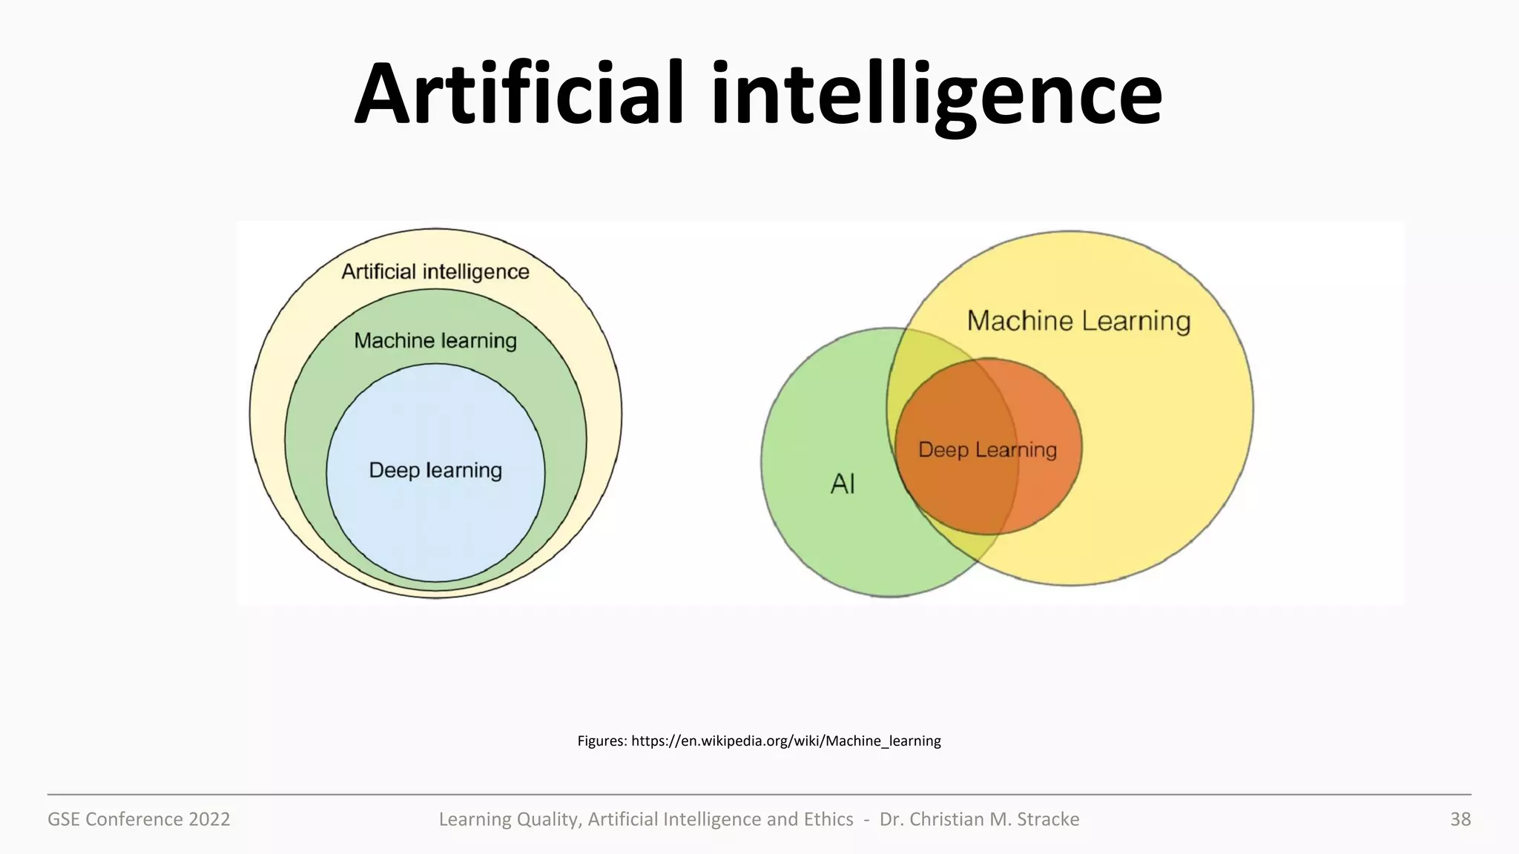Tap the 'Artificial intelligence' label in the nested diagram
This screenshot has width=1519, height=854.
point(435,272)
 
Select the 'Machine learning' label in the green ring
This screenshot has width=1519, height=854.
point(435,341)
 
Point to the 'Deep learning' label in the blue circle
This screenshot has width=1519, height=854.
point(435,471)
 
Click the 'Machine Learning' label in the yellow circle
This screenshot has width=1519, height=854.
point(1078,321)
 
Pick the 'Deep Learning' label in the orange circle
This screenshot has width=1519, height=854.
point(987,450)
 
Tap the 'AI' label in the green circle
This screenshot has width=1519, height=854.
point(843,484)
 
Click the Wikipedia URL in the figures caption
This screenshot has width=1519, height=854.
point(785,741)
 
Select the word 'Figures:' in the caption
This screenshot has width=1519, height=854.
point(602,741)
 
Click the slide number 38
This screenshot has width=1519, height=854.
point(1460,819)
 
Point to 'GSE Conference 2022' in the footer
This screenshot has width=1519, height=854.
point(139,819)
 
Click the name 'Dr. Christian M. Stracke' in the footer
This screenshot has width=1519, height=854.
point(979,819)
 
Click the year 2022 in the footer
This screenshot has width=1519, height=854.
point(209,819)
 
